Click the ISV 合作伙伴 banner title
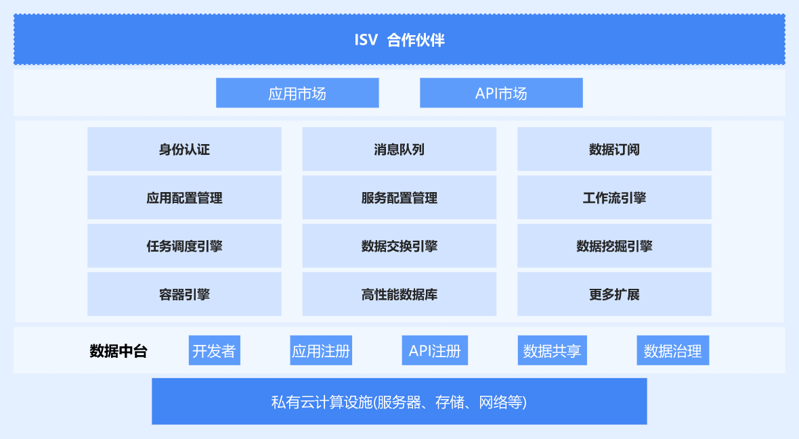(399, 40)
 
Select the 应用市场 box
(297, 93)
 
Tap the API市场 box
(501, 93)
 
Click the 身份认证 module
(184, 149)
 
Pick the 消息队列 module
(399, 149)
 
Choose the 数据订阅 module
(614, 149)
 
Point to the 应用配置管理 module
(184, 198)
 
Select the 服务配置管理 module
(399, 198)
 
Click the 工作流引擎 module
(614, 198)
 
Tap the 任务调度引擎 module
(184, 246)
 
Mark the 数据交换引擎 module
(399, 246)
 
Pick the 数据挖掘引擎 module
(614, 246)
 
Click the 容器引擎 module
(184, 294)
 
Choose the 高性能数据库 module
(399, 294)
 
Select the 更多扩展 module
(614, 294)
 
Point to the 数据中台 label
(118, 351)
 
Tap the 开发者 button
(214, 350)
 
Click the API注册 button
(435, 350)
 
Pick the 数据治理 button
(672, 350)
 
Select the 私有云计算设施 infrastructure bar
(399, 401)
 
